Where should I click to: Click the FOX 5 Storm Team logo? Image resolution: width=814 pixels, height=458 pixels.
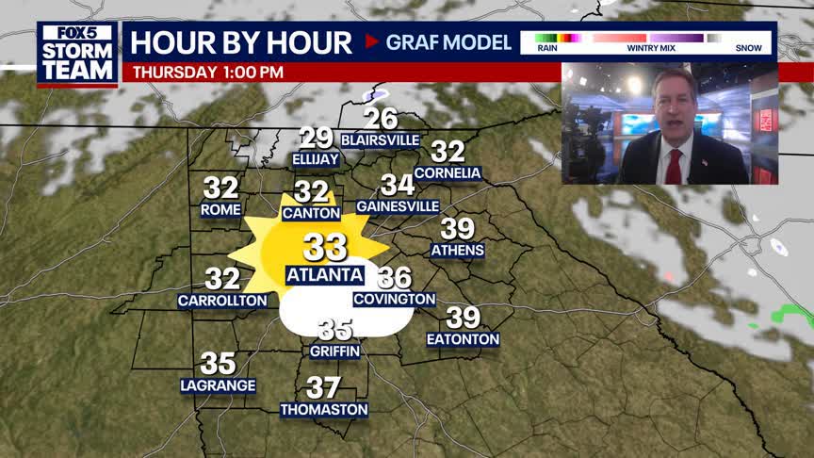pyautogui.click(x=77, y=53)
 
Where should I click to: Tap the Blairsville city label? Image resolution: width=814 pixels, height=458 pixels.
pyautogui.click(x=381, y=139)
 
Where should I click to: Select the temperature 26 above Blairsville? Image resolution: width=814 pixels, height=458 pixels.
pyautogui.click(x=381, y=119)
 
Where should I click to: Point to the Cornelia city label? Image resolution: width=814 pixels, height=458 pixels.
pyautogui.click(x=448, y=173)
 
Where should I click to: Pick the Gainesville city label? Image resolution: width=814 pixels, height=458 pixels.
pyautogui.click(x=398, y=206)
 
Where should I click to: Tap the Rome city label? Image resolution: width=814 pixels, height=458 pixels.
pyautogui.click(x=220, y=210)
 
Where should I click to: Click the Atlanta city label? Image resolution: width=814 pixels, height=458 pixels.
pyautogui.click(x=324, y=275)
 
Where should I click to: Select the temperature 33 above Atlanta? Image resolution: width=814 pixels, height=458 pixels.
pyautogui.click(x=324, y=248)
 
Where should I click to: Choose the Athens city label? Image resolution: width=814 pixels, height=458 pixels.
pyautogui.click(x=457, y=251)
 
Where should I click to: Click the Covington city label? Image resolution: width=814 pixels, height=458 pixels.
pyautogui.click(x=395, y=300)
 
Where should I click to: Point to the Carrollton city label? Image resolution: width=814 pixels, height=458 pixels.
pyautogui.click(x=222, y=301)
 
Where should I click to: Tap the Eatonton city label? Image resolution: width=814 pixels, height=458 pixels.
pyautogui.click(x=463, y=339)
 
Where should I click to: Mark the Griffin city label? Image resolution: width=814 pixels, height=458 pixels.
pyautogui.click(x=335, y=352)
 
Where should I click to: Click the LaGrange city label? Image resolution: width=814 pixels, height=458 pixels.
pyautogui.click(x=218, y=385)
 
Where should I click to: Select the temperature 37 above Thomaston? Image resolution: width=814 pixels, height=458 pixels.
pyautogui.click(x=323, y=387)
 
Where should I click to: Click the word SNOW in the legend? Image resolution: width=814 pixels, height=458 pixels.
pyautogui.click(x=748, y=47)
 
